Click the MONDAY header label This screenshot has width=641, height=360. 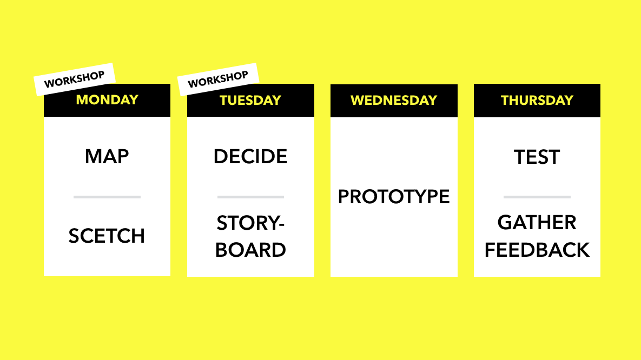pyautogui.click(x=107, y=99)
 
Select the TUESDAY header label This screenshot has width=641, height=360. pyautogui.click(x=250, y=100)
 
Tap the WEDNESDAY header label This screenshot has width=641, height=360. pyautogui.click(x=394, y=100)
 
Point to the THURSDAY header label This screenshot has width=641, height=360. pyautogui.click(x=537, y=100)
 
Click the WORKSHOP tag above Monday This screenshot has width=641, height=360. pyautogui.click(x=75, y=79)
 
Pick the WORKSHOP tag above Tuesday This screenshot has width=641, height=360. pyautogui.click(x=218, y=79)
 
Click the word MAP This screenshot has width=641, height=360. pyautogui.click(x=107, y=157)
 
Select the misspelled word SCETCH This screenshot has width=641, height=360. pyautogui.click(x=107, y=236)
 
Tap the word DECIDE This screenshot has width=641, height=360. pyautogui.click(x=250, y=157)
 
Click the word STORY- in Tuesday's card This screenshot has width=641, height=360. pyautogui.click(x=250, y=223)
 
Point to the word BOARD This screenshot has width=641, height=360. pyautogui.click(x=250, y=250)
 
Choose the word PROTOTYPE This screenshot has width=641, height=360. pyautogui.click(x=394, y=197)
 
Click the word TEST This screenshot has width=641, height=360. pyautogui.click(x=537, y=157)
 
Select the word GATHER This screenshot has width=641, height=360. pyautogui.click(x=537, y=223)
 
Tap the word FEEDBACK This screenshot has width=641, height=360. pyautogui.click(x=537, y=250)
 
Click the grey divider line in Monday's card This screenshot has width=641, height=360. pyautogui.click(x=107, y=197)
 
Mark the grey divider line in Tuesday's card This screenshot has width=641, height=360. pyautogui.click(x=250, y=197)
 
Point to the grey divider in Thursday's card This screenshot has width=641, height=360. pyautogui.click(x=537, y=197)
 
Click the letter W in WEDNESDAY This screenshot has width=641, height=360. pyautogui.click(x=358, y=100)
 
